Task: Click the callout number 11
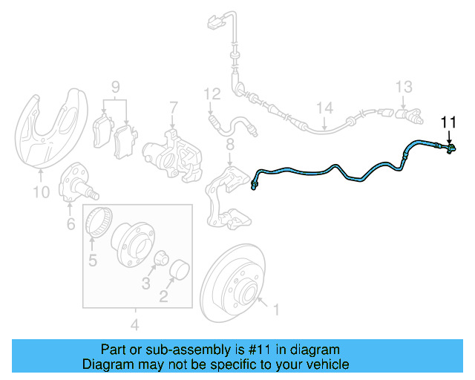pos(449,122)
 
